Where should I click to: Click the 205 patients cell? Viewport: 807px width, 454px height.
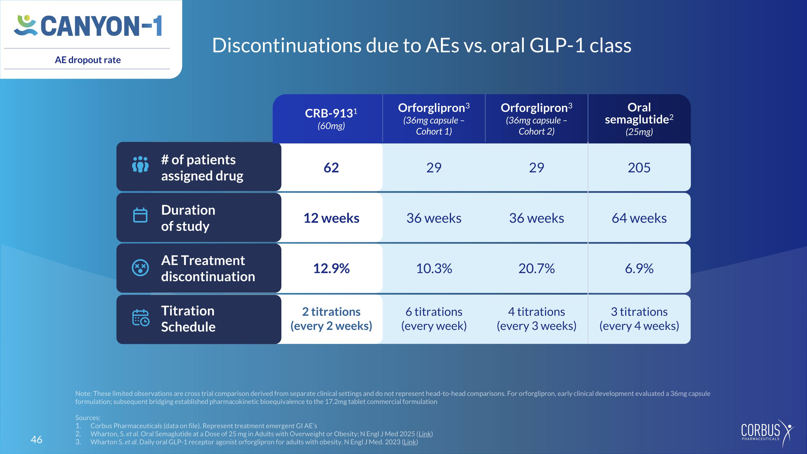(x=639, y=168)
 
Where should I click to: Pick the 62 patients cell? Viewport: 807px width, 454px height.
(x=331, y=168)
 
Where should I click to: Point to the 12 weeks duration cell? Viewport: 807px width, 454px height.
(x=331, y=218)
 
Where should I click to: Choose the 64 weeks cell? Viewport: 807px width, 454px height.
(x=639, y=218)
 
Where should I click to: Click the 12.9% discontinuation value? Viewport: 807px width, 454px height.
(x=331, y=269)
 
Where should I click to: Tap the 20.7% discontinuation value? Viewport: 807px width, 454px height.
(x=536, y=269)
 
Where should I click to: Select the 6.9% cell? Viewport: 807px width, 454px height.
(x=639, y=269)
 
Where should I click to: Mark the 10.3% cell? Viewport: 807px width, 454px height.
(x=434, y=269)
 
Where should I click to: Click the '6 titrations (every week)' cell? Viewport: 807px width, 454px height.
(x=434, y=319)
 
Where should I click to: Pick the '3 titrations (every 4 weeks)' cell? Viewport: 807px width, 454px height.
(x=639, y=319)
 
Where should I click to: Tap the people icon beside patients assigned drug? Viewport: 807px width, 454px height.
(x=140, y=164)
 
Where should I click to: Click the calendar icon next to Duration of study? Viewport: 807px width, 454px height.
(x=140, y=215)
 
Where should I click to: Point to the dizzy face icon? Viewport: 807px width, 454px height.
(x=140, y=268)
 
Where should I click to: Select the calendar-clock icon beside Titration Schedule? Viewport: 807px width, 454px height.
(x=141, y=318)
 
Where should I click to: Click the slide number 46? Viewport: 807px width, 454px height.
(x=37, y=439)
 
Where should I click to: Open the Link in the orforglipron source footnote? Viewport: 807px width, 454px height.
(x=410, y=442)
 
